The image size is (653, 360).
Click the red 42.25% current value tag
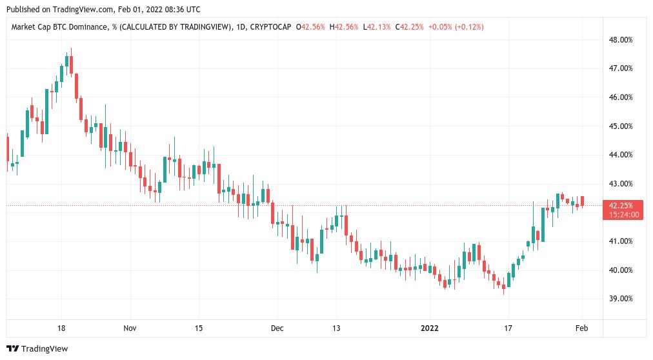pyautogui.click(x=621, y=205)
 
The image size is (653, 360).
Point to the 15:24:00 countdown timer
pyautogui.click(x=621, y=214)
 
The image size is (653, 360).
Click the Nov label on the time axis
pyautogui.click(x=130, y=328)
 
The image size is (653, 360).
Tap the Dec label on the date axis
pyautogui.click(x=277, y=328)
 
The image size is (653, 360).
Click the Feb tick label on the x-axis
pyautogui.click(x=581, y=328)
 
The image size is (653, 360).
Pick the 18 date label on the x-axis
pyautogui.click(x=61, y=328)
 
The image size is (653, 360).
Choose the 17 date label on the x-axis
pyautogui.click(x=508, y=328)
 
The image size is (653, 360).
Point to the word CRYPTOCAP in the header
pyautogui.click(x=272, y=26)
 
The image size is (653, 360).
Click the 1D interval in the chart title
pyautogui.click(x=240, y=26)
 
